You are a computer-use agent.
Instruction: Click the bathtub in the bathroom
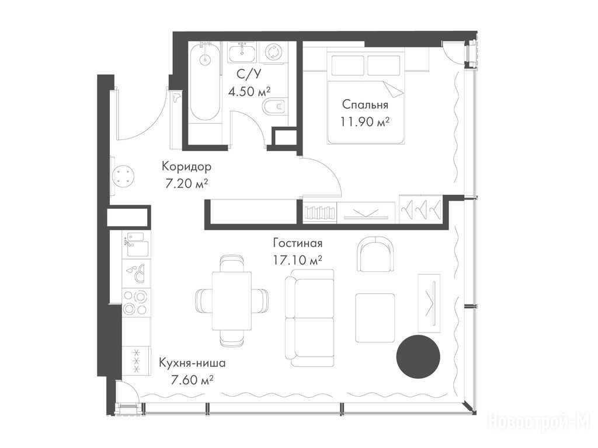coord(205,82)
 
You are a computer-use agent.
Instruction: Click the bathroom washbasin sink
coord(242,52)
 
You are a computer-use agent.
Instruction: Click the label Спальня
coord(365,104)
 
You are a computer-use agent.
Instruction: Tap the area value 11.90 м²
coord(365,122)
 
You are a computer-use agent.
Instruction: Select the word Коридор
coord(186,166)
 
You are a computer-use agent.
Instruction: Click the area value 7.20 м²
coord(186,184)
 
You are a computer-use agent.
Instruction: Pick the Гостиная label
coord(298,243)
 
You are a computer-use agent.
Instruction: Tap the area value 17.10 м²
coord(298,260)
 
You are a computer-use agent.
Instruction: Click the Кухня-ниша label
coord(192,363)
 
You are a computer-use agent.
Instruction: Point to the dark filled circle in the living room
coord(418,357)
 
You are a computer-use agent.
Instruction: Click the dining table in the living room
coord(232,300)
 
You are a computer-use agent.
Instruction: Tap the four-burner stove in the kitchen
coord(136,302)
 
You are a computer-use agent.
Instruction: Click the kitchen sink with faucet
coord(136,244)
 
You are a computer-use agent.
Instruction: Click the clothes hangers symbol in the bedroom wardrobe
coord(420,208)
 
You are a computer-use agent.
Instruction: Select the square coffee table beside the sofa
coord(376,318)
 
